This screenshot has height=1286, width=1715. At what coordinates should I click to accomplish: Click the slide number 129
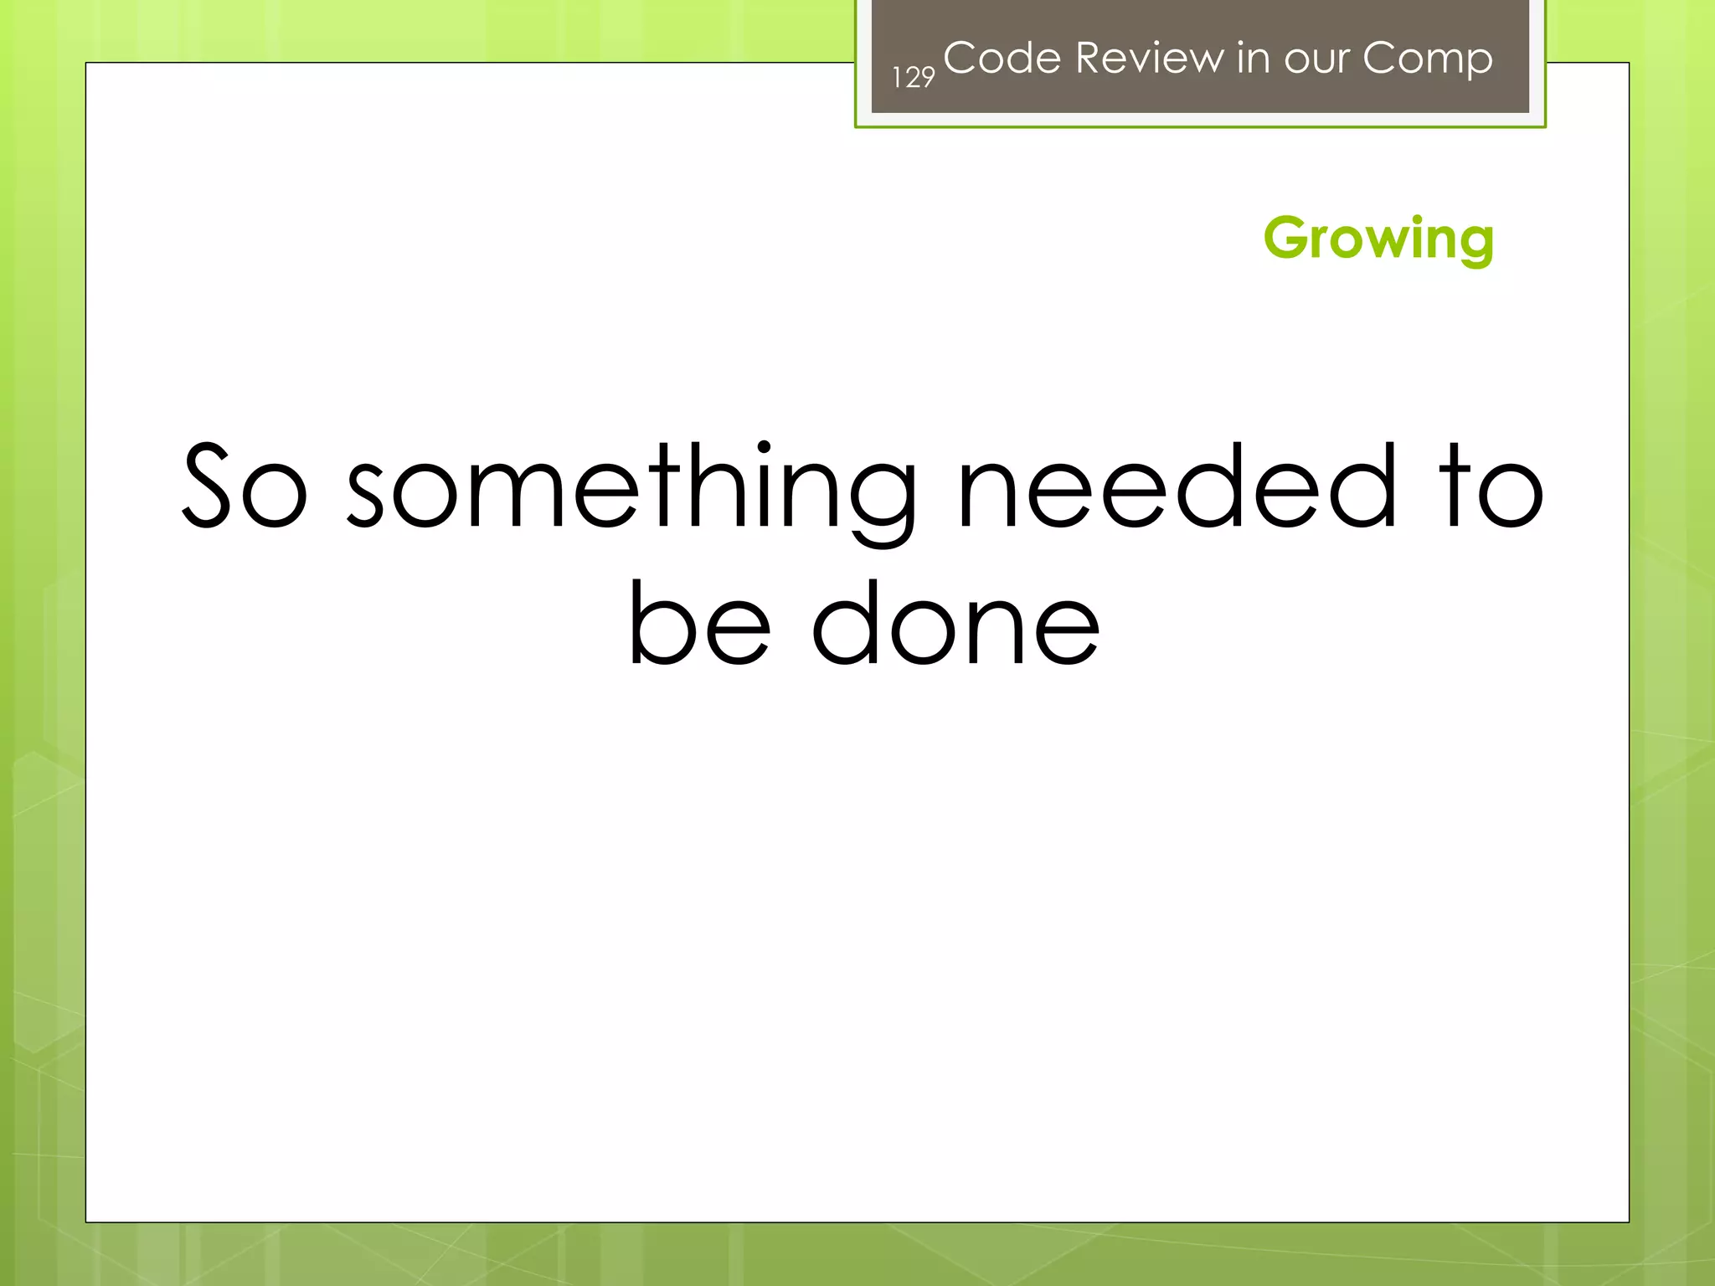[913, 78]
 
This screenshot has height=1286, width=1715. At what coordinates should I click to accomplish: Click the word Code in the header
[1002, 58]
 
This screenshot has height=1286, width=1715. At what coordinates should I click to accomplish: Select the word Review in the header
[1149, 58]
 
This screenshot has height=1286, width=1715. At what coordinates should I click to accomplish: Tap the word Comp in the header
[1427, 59]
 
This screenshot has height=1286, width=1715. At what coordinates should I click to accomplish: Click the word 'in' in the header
[1252, 58]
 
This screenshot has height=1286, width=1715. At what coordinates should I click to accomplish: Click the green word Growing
[1378, 239]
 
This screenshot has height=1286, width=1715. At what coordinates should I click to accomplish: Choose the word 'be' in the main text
[699, 623]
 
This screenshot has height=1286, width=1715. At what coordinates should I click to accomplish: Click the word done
[955, 623]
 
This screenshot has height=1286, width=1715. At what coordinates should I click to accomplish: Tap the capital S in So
[206, 486]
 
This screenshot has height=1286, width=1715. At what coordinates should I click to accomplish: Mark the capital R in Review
[1090, 58]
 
